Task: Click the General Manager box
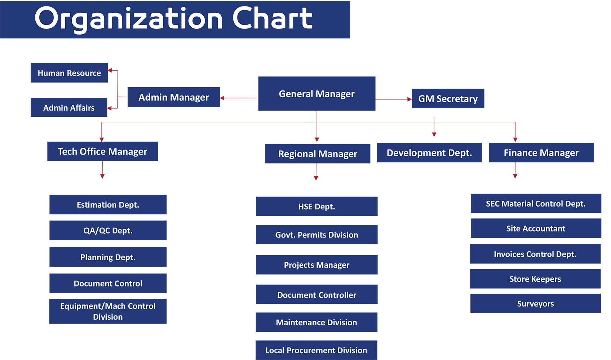coord(317,94)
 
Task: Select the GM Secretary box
coord(448,98)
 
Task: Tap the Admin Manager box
coord(174,97)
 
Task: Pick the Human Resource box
coord(69,73)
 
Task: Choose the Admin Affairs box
coord(69,107)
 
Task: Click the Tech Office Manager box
coord(103,151)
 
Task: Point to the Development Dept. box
coord(429,153)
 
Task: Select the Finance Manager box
coord(541,153)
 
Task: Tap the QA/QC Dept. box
coord(108,231)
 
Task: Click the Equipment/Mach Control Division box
coord(108,311)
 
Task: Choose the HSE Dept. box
coord(317,206)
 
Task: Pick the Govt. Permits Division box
coord(317,235)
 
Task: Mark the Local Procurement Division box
coord(316,350)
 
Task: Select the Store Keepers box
coord(535,279)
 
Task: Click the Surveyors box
coord(535,303)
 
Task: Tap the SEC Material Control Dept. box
coord(536,204)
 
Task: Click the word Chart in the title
coord(272,18)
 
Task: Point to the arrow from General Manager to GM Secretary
coord(394,99)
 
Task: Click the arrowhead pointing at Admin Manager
coord(222,98)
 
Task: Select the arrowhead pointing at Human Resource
coord(110,70)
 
